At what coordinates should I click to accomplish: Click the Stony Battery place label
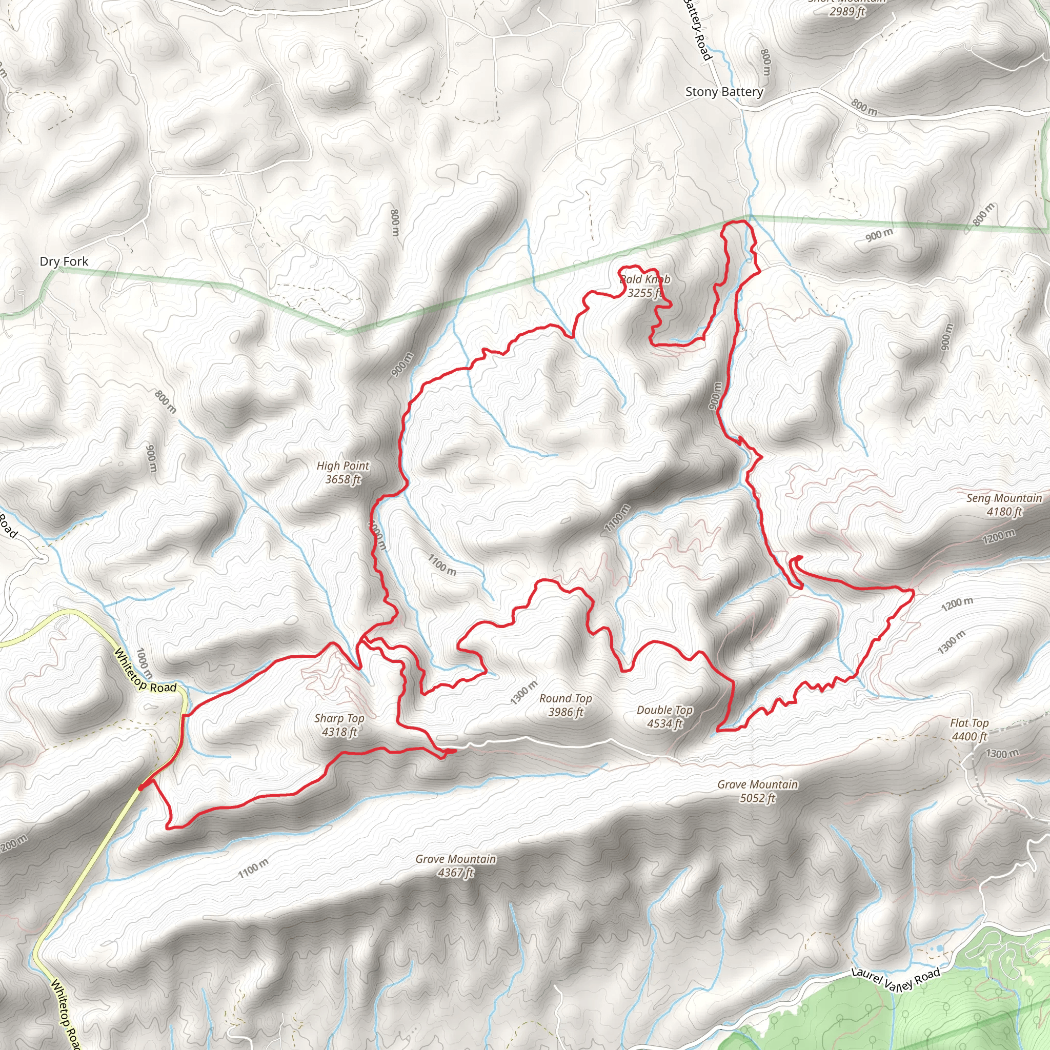tap(724, 92)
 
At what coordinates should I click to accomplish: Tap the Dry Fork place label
tap(64, 261)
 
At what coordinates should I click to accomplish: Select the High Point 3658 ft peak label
tap(343, 472)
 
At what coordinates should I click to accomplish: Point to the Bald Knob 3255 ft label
tap(645, 286)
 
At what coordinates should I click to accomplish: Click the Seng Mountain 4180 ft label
tap(1004, 504)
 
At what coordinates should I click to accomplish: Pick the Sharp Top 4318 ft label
tap(339, 724)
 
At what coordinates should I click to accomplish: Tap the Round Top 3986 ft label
tap(565, 705)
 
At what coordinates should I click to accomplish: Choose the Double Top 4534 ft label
tap(664, 716)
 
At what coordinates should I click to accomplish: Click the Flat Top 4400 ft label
tap(969, 730)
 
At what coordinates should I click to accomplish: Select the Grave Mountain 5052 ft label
tap(758, 791)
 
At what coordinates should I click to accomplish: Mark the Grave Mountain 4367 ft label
tap(455, 865)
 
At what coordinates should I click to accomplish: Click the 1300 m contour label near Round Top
tap(524, 692)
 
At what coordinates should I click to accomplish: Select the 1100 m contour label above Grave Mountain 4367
tap(253, 868)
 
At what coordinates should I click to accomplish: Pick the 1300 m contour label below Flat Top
tap(1002, 753)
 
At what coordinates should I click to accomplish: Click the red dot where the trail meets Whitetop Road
tap(142, 787)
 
